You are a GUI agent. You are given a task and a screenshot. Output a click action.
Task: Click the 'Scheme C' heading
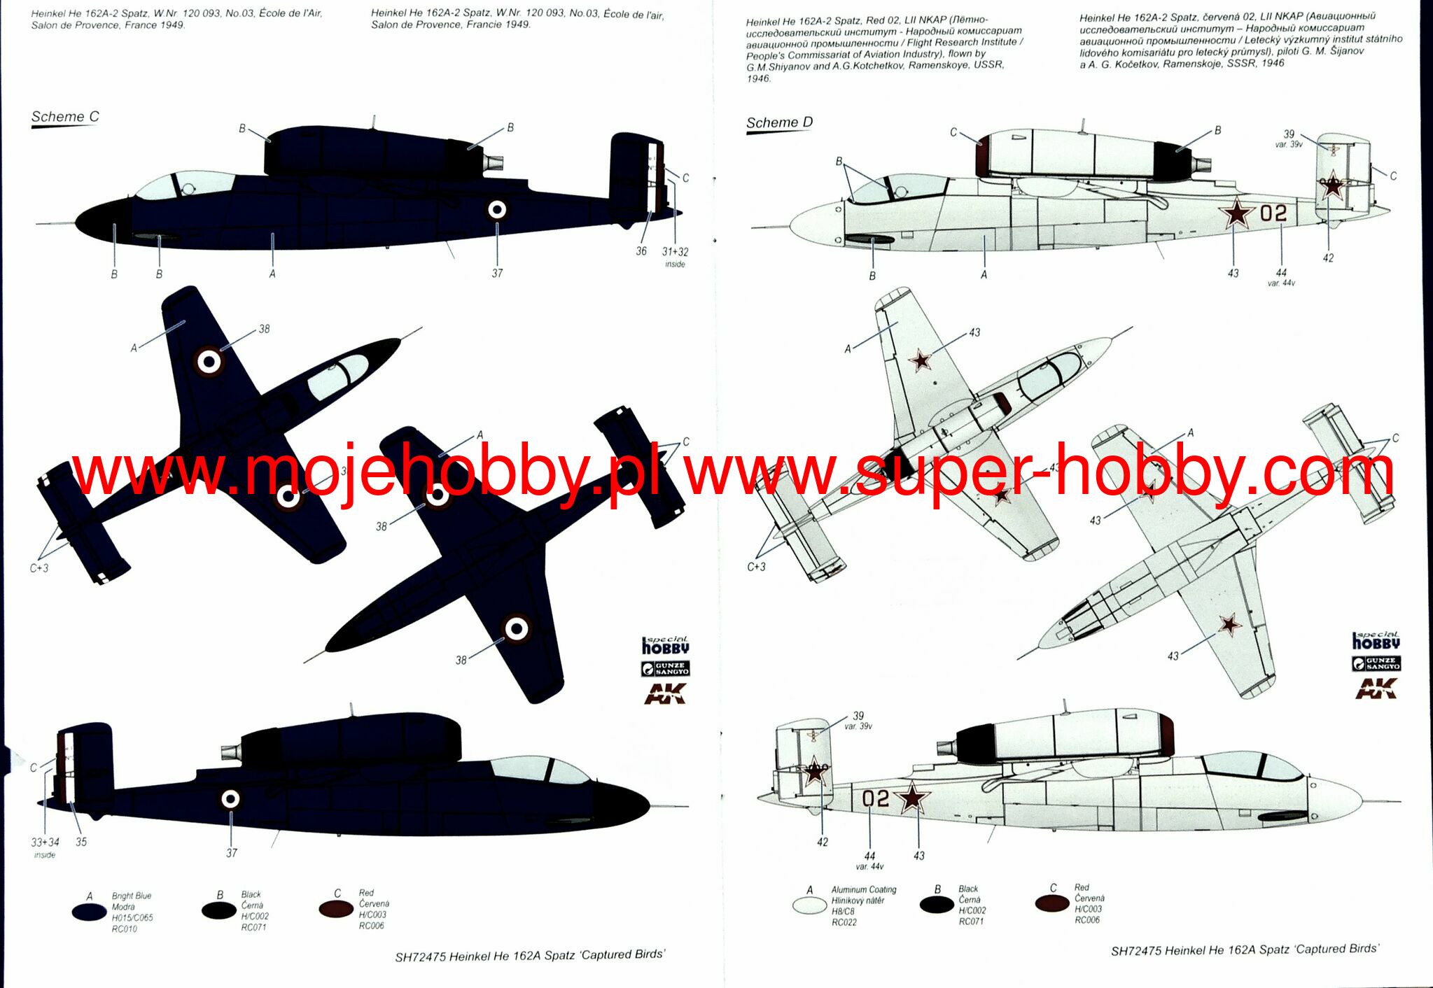coord(65,117)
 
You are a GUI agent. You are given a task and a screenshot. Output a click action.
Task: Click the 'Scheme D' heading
coord(779,123)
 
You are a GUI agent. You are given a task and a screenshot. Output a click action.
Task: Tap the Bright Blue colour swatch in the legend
coord(89,912)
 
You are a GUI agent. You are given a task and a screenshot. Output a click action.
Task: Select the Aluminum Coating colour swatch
coord(809,905)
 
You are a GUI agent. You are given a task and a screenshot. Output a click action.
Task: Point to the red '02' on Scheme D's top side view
coord(1273,213)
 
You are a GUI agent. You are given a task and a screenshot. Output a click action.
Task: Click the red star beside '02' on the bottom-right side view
coord(911,797)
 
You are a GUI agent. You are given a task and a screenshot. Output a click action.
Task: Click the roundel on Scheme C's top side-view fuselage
coord(497,209)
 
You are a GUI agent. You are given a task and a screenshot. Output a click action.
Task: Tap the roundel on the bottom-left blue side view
coord(230,798)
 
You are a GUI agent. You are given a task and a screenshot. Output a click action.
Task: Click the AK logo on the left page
coord(664,693)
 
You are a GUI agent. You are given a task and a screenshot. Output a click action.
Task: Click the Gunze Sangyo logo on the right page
coord(1376,663)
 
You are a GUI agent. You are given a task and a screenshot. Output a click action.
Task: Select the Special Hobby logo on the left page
coord(665,646)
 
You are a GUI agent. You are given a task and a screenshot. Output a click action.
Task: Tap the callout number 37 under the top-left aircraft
coord(497,274)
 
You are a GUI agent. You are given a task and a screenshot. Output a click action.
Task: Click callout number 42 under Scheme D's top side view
coord(1328,258)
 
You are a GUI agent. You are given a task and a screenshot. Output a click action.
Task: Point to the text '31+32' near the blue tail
coord(675,252)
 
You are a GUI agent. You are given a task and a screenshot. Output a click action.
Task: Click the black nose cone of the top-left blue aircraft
coord(102,218)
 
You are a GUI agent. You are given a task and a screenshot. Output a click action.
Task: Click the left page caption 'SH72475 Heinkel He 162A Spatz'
coord(529,956)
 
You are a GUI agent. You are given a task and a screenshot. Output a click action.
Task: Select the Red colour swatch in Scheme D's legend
coord(1052,903)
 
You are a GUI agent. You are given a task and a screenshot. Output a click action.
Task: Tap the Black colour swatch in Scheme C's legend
coord(219,910)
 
